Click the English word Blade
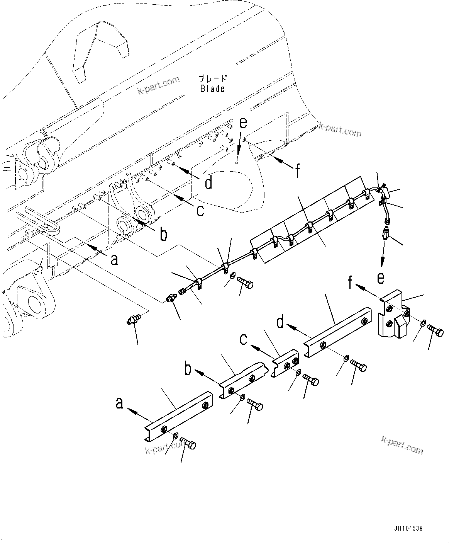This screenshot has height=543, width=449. [x=212, y=89]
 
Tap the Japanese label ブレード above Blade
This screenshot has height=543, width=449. [x=213, y=79]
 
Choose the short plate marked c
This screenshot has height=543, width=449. [x=286, y=362]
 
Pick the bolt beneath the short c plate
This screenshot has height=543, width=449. [x=311, y=380]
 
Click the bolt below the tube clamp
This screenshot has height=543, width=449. [x=246, y=283]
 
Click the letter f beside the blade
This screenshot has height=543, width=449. [x=297, y=170]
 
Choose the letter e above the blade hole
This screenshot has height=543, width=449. [x=242, y=123]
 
